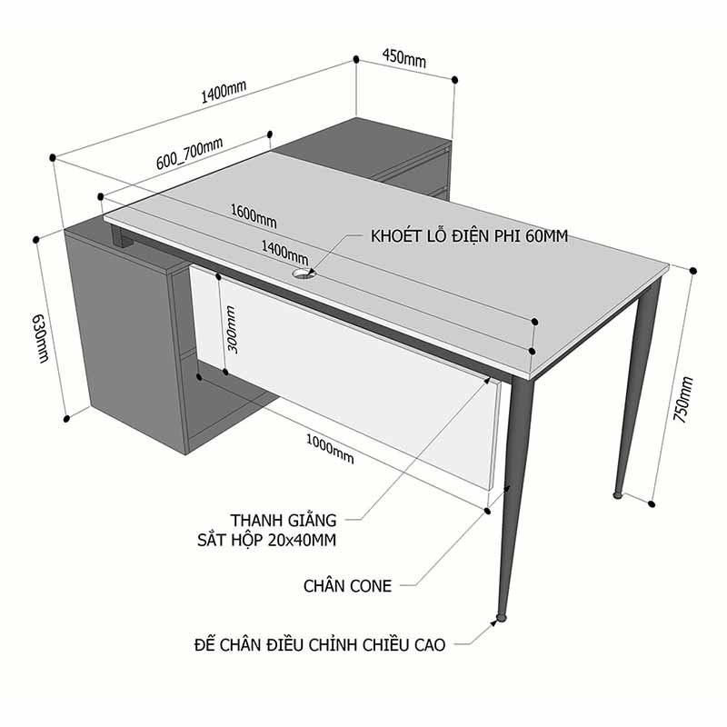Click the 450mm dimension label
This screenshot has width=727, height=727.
pyautogui.click(x=403, y=58)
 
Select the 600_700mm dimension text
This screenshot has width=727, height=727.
pyautogui.click(x=189, y=154)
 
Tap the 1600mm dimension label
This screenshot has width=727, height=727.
pyautogui.click(x=254, y=216)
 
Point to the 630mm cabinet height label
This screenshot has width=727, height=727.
pyautogui.click(x=40, y=338)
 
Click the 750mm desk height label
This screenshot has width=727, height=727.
pyautogui.click(x=683, y=399)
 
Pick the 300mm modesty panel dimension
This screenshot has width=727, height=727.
pyautogui.click(x=232, y=330)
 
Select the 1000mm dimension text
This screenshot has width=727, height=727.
pyautogui.click(x=330, y=448)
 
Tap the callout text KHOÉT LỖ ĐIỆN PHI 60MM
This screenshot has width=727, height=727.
pyautogui.click(x=469, y=236)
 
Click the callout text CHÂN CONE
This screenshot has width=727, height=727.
pyautogui.click(x=347, y=586)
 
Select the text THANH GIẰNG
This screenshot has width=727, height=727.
pyautogui.click(x=284, y=520)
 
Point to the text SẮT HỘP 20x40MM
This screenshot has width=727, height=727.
pyautogui.click(x=266, y=540)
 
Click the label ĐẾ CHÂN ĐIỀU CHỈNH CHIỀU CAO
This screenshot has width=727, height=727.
pyautogui.click(x=320, y=645)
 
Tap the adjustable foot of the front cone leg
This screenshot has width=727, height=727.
pyautogui.click(x=501, y=618)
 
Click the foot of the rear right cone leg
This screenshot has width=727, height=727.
pyautogui.click(x=618, y=495)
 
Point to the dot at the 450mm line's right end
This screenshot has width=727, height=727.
pyautogui.click(x=455, y=80)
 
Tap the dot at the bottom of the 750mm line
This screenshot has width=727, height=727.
pyautogui.click(x=652, y=504)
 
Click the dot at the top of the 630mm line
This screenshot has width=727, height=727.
pyautogui.click(x=35, y=240)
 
